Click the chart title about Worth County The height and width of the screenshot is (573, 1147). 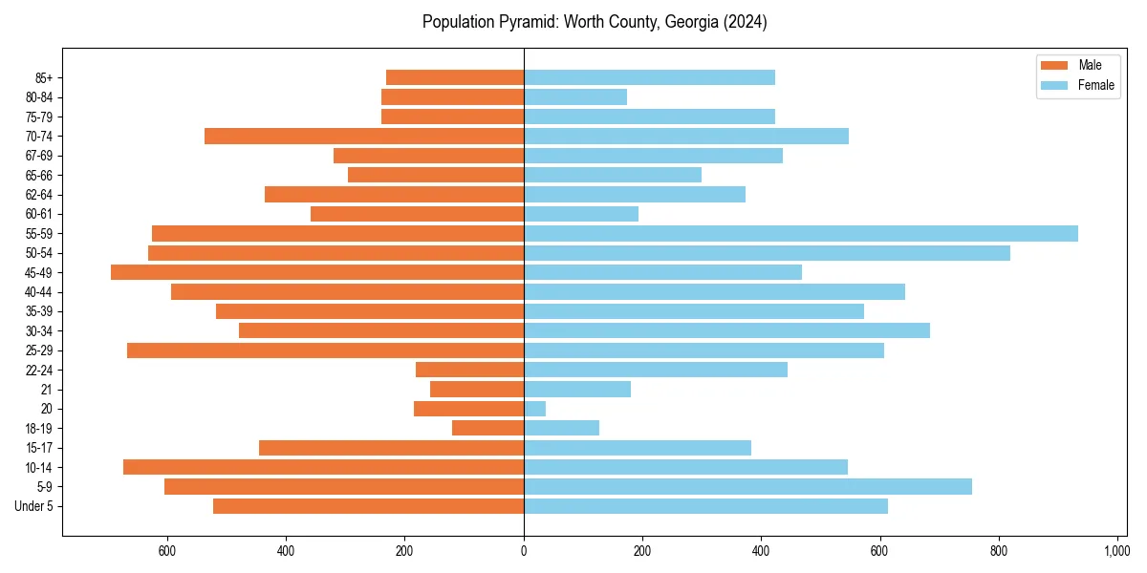click(x=595, y=22)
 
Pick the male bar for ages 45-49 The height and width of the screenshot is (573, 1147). click(x=317, y=272)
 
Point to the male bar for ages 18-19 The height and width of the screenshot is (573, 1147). click(x=487, y=428)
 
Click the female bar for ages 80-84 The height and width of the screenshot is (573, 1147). click(x=575, y=96)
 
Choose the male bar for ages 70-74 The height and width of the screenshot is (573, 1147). click(x=364, y=136)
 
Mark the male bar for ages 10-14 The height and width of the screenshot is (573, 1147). click(x=323, y=467)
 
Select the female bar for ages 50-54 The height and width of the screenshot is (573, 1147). click(x=767, y=253)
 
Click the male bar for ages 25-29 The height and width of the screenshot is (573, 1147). click(x=325, y=350)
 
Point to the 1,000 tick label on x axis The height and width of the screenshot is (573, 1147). click(x=1116, y=551)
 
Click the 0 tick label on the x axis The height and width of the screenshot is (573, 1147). click(x=524, y=551)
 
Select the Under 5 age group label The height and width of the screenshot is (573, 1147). click(x=33, y=506)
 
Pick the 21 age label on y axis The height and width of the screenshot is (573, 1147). click(x=46, y=390)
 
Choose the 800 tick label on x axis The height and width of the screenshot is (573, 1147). click(x=998, y=551)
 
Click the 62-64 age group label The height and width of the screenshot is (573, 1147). click(x=39, y=195)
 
